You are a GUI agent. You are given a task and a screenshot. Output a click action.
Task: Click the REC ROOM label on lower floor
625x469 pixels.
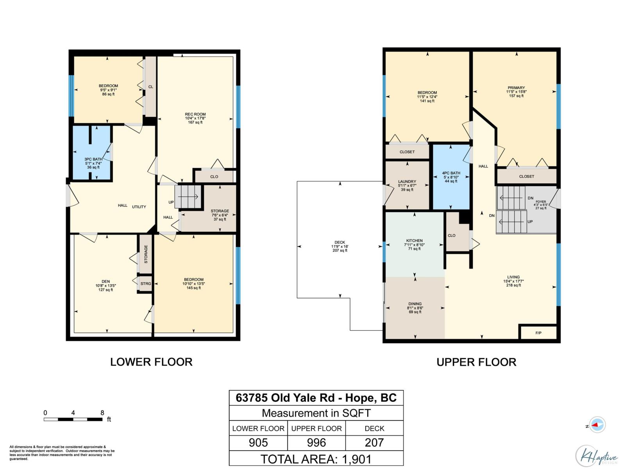[195, 115]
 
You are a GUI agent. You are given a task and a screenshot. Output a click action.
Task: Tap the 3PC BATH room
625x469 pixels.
[93, 159]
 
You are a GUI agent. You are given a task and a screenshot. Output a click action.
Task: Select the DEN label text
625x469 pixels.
[106, 281]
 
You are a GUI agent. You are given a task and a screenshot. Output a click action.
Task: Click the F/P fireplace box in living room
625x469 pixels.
[538, 333]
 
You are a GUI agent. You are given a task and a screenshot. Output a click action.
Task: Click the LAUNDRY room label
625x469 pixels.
[407, 182]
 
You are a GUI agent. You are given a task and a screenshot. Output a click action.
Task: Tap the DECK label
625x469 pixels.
[339, 243]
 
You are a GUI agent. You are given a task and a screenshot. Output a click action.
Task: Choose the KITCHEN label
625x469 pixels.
[414, 241]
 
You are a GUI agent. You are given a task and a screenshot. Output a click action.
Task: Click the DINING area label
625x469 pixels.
[415, 304]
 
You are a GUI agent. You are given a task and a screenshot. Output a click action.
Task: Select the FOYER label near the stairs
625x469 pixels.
[541, 202]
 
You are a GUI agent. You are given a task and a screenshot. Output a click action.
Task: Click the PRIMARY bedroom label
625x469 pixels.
[516, 88]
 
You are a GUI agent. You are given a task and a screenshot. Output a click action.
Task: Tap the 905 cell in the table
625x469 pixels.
[258, 443]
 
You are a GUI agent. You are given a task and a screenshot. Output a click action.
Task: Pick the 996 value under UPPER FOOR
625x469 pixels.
[316, 443]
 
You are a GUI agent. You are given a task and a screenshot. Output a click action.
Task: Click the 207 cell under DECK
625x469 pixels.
[374, 443]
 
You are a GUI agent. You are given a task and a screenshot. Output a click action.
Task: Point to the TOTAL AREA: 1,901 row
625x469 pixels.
[316, 459]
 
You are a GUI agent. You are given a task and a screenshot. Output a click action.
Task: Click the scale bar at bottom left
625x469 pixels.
[73, 419]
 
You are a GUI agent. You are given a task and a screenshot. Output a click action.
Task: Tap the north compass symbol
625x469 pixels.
[597, 425]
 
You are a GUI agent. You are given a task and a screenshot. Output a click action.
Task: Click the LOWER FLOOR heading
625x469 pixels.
[151, 362]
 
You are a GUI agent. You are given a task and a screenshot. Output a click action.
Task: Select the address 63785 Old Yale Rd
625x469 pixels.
[285, 398]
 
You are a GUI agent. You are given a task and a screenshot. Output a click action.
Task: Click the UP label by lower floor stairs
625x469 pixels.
[171, 202]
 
